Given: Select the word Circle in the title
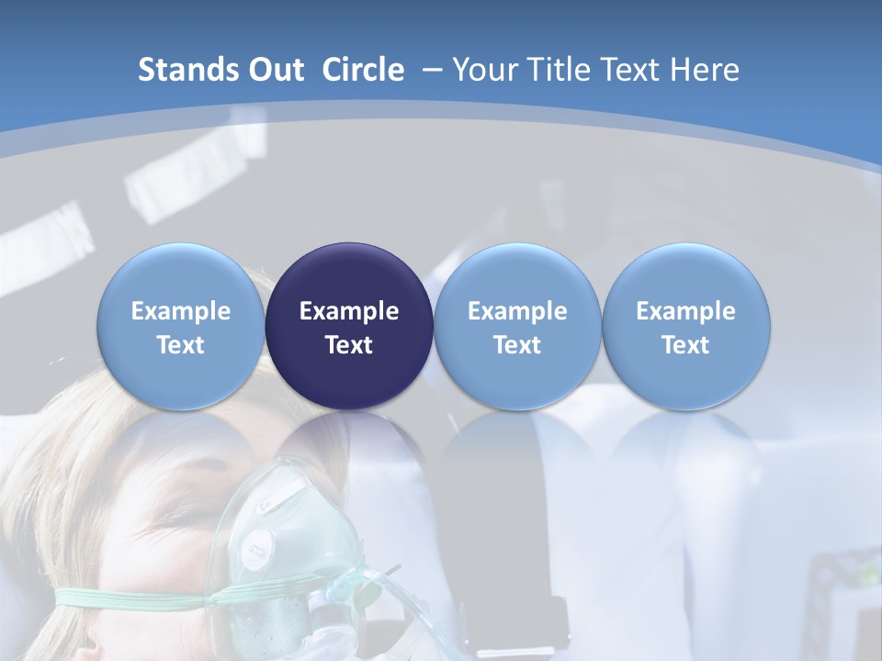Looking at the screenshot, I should (x=363, y=70).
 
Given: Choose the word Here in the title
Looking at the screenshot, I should (x=705, y=70).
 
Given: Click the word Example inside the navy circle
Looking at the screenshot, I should (x=349, y=311).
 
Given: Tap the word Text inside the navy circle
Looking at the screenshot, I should (x=349, y=345).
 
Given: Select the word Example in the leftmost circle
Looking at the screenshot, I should (x=181, y=311).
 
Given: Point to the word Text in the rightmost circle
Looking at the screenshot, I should (x=686, y=345).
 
